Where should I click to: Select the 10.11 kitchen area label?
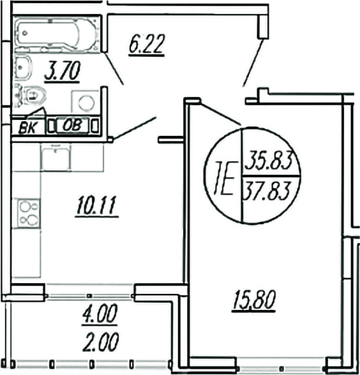96,206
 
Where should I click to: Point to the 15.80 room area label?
253,298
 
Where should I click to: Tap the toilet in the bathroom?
32,96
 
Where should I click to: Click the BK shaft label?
27,126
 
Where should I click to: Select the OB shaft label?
71,125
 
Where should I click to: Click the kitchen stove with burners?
27,212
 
